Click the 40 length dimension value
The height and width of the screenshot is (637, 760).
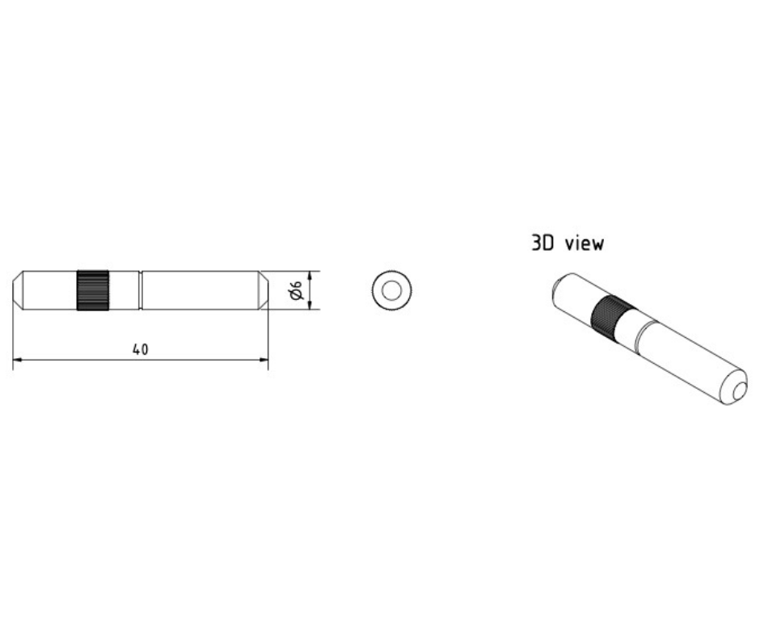(141, 349)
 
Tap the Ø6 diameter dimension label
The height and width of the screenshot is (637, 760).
(296, 291)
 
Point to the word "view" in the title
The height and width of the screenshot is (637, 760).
(585, 243)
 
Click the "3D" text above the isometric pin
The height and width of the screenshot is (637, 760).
(542, 243)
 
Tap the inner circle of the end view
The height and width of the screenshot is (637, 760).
(391, 290)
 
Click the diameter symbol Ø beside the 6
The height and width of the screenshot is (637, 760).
(296, 297)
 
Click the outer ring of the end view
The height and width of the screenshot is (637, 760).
(378, 290)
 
